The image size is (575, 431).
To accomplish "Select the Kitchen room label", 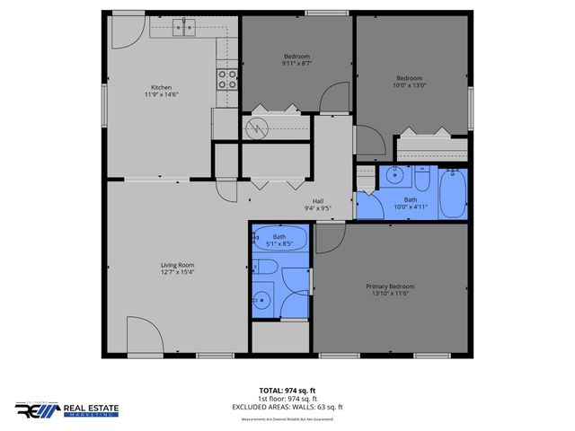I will (x=161, y=87).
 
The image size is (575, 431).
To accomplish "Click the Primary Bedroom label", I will (x=390, y=286).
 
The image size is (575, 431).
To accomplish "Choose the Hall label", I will (x=318, y=201).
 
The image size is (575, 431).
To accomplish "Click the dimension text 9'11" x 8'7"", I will (x=296, y=63).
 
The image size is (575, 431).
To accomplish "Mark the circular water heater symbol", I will (x=258, y=128).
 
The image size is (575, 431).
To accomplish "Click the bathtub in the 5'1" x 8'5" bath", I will (x=279, y=238).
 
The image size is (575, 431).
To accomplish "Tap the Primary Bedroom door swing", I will (x=329, y=235).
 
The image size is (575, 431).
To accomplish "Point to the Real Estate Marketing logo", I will (x=66, y=409).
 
